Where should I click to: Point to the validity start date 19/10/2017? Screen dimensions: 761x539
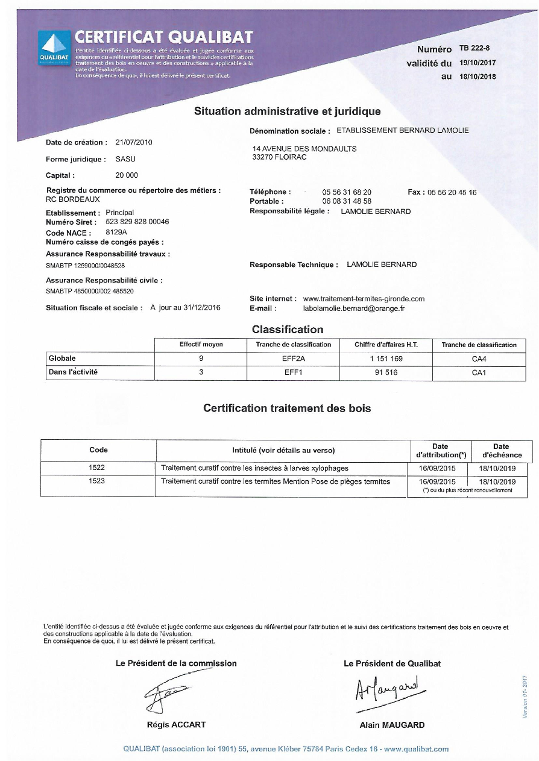[x=478, y=63]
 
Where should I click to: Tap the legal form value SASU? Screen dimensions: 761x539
[x=125, y=160]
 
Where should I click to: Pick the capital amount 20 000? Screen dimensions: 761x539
[x=127, y=175]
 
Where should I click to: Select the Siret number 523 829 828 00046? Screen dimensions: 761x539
[x=137, y=222]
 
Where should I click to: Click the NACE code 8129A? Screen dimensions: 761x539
[x=116, y=232]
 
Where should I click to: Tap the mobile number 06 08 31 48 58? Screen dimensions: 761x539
[x=347, y=201]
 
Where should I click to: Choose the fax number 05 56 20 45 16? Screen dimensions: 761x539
[x=452, y=192]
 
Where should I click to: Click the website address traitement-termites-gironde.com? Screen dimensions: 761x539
[x=364, y=298]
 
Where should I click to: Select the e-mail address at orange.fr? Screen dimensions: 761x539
[x=353, y=308]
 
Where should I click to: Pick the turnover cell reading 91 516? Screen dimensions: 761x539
[x=386, y=372]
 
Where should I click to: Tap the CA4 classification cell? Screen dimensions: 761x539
[x=479, y=359]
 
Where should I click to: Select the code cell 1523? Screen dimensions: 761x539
[x=97, y=481]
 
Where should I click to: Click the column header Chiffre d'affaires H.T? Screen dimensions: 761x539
[x=386, y=345]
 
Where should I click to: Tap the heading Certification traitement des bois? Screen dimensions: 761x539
[x=287, y=408]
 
